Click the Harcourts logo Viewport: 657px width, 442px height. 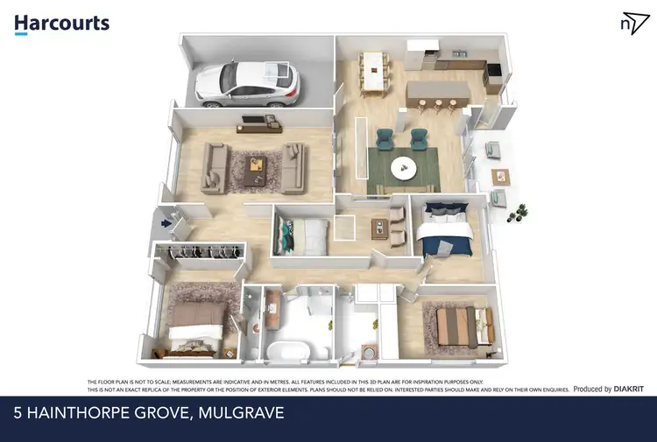[x=62, y=23]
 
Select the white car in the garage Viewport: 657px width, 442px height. [x=248, y=82]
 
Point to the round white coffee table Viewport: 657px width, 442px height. [x=404, y=167]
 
